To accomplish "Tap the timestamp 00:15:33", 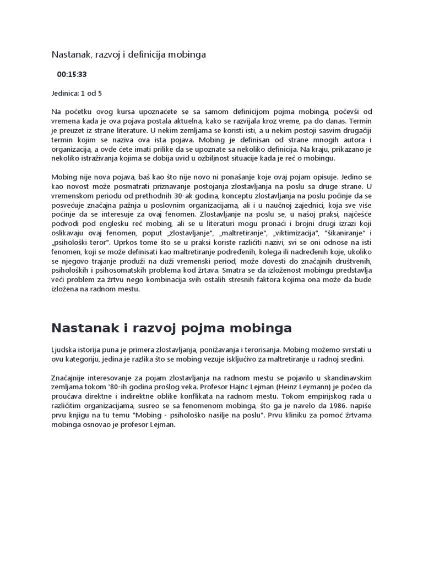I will tap(72, 74).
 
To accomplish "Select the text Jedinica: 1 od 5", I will tap(77, 93).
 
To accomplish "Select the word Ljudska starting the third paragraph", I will tap(65, 350).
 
